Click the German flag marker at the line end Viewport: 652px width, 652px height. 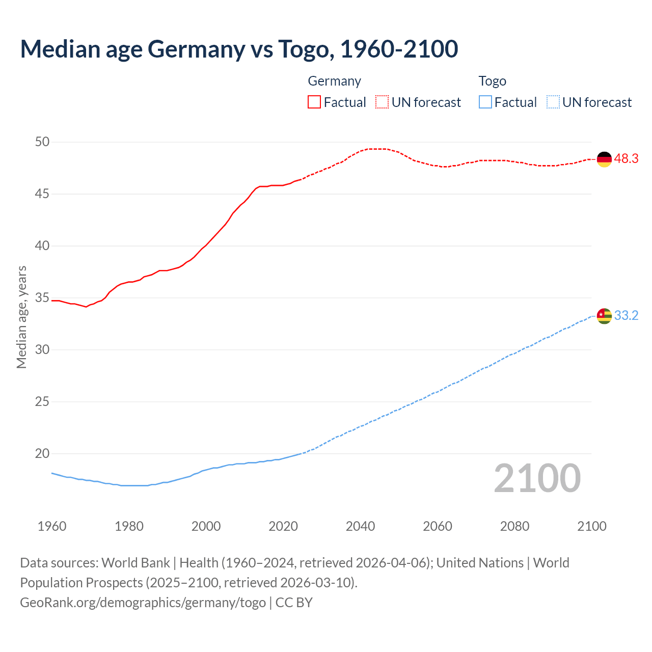coord(604,159)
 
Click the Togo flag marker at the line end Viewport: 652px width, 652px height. coord(604,316)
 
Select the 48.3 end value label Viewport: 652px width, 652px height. coord(626,159)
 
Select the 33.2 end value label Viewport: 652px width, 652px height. coord(626,316)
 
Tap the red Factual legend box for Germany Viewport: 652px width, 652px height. coord(314,102)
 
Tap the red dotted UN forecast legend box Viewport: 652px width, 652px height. coord(382,102)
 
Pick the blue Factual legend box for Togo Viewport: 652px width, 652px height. coord(485,102)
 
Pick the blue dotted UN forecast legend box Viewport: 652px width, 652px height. coord(553,102)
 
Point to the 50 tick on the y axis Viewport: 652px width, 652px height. coord(42,142)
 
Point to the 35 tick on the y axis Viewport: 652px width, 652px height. coord(42,298)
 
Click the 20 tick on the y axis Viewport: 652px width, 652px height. coord(42,454)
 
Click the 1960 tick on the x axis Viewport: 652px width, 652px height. coord(52,526)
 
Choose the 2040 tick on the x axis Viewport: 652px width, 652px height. coord(360,526)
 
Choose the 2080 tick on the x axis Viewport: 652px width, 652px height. coord(514,526)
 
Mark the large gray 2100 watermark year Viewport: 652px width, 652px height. coord(537,478)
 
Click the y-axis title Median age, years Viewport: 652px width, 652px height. coord(21,317)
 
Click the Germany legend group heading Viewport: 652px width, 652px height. coord(335,81)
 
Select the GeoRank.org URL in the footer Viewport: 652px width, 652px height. coord(143,603)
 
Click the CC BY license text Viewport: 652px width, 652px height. coord(294,603)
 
